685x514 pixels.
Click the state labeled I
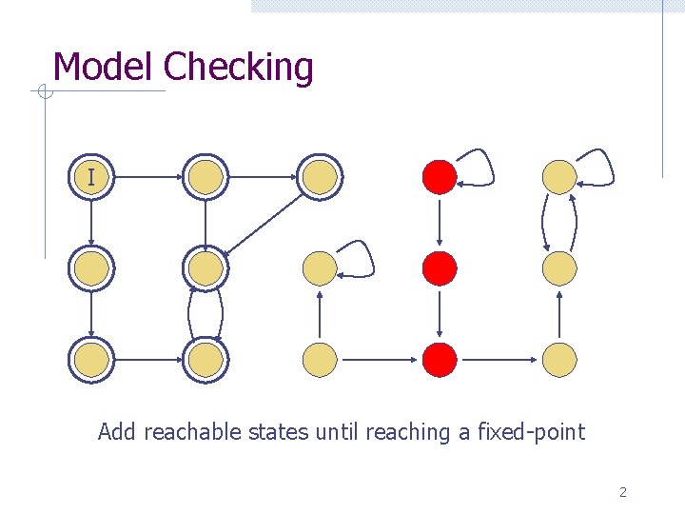click(x=90, y=176)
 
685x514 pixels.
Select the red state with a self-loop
click(x=440, y=176)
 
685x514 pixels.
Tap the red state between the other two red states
click(x=440, y=268)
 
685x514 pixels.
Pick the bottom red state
click(x=440, y=360)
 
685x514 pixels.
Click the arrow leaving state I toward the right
click(x=147, y=176)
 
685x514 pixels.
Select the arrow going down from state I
click(x=90, y=221)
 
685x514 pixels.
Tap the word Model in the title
click(x=104, y=67)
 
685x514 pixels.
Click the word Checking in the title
click(x=238, y=69)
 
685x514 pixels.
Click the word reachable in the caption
click(x=193, y=432)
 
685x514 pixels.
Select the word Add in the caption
click(x=117, y=432)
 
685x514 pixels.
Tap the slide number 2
click(x=622, y=492)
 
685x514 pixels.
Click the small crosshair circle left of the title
click(x=42, y=92)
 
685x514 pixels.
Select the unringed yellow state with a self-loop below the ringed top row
click(x=320, y=268)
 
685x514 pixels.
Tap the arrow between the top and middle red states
click(x=439, y=222)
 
